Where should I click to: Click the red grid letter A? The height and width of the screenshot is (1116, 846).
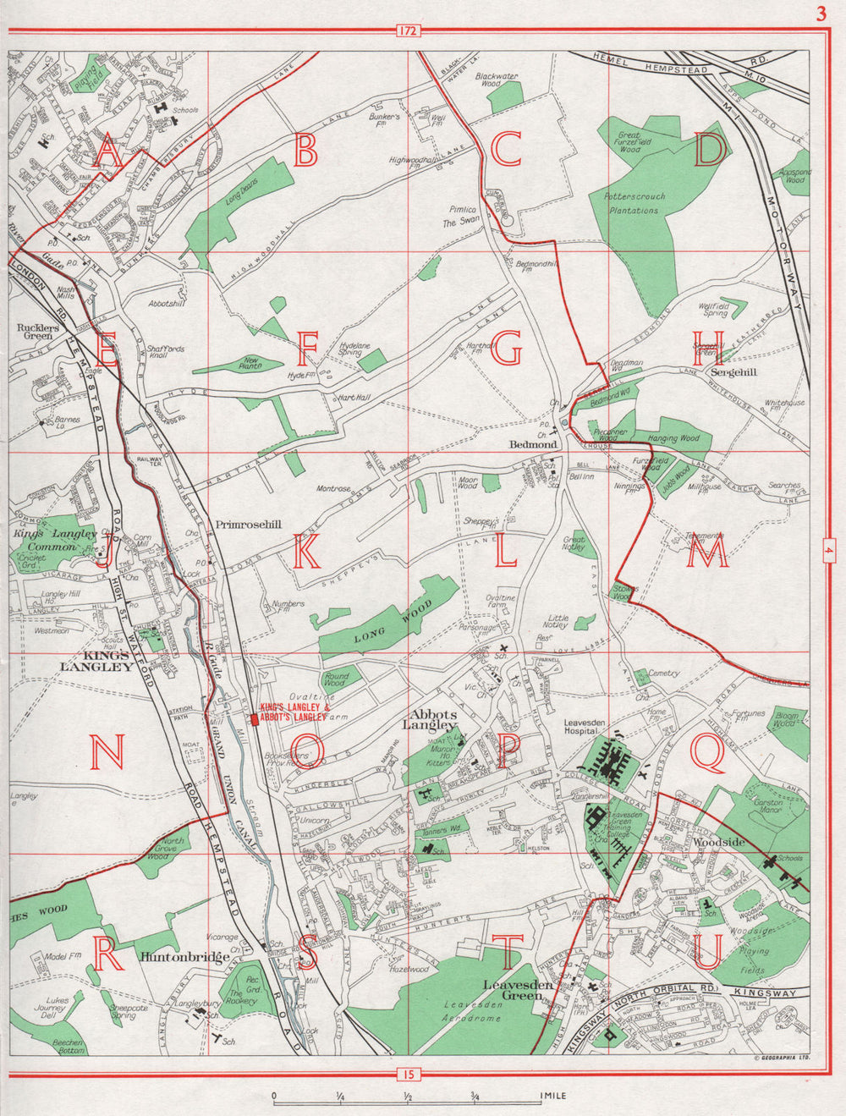107,152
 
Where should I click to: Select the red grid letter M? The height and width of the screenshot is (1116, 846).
707,553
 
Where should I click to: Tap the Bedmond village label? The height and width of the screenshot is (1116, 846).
532,443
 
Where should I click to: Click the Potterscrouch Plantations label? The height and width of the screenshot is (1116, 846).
634,203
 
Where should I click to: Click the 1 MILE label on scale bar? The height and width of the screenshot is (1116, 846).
552,1096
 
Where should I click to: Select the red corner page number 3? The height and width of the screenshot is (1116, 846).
820,14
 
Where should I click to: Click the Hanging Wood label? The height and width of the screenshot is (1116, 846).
673,438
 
